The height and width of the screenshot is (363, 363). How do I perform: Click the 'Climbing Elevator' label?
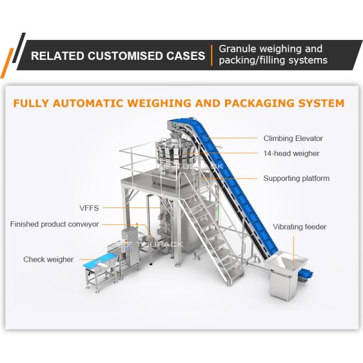(x=293, y=139)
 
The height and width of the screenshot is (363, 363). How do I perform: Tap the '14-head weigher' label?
(x=291, y=154)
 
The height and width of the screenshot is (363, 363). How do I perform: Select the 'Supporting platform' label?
(x=296, y=178)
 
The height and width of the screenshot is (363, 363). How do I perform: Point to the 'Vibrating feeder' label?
(x=299, y=227)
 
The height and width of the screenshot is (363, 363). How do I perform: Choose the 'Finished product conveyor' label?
(x=54, y=224)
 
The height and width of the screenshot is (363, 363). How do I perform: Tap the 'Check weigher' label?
(x=48, y=260)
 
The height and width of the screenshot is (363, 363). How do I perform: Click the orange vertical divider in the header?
(x=211, y=55)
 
